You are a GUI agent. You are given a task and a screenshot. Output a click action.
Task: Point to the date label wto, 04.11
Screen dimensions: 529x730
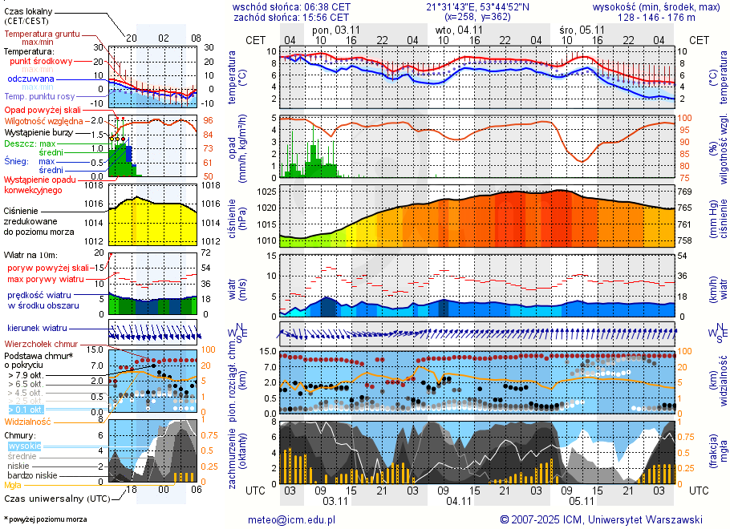459,30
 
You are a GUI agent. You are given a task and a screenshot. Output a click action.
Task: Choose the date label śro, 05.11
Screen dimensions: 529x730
582,30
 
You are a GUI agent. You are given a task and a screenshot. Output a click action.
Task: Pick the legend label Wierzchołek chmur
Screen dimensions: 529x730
41,343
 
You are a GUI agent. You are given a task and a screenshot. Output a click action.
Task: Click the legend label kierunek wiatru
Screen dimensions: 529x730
37,328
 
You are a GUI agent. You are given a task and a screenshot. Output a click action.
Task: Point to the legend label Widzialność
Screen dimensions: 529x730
27,421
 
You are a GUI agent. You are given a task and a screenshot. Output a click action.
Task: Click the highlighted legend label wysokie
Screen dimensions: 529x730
24,446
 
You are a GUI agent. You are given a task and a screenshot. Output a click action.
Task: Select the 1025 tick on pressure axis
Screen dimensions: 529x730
267,192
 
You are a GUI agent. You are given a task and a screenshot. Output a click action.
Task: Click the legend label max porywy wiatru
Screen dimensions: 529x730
46,279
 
